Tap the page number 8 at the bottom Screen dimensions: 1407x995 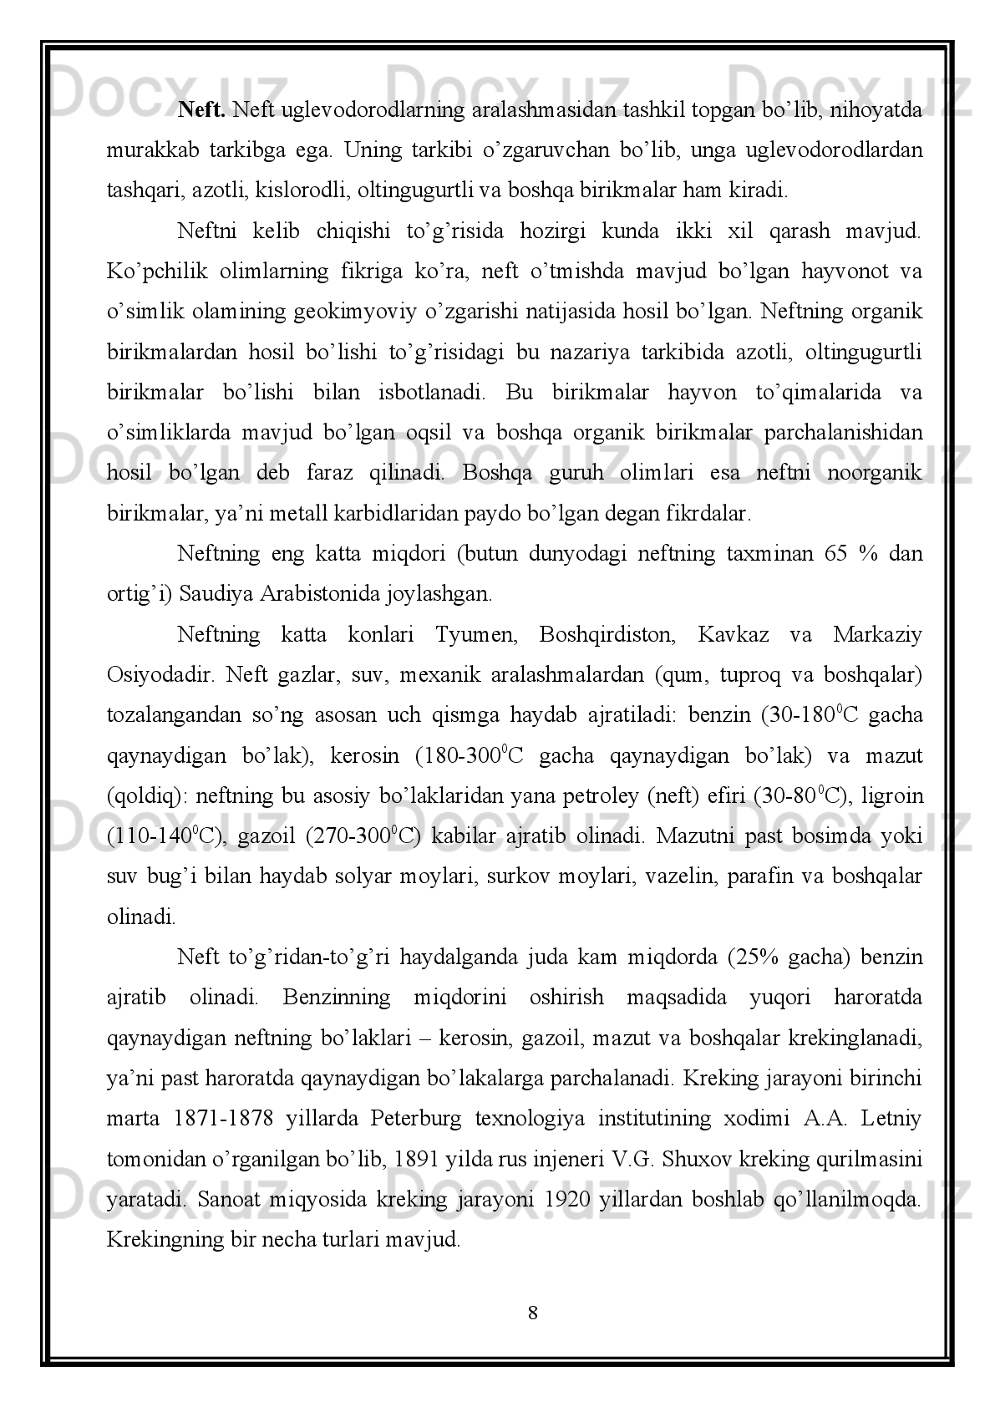[532, 1313]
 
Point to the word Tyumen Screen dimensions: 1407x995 [474, 634]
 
